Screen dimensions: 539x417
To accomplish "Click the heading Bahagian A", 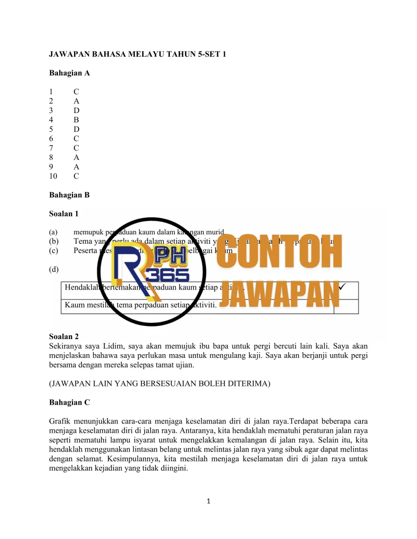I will (x=69, y=73).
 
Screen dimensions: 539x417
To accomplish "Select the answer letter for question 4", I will (x=76, y=120).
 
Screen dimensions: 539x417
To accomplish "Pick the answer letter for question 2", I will (x=76, y=101).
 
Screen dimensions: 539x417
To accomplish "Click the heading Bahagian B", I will (x=69, y=195).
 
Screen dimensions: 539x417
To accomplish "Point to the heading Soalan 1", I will (x=64, y=214).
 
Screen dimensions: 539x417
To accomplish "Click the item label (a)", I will (x=53, y=232).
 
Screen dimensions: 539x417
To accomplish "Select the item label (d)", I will (x=53, y=269).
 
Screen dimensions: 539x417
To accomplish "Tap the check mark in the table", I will (x=342, y=286).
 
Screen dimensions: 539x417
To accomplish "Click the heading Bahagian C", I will (x=69, y=403).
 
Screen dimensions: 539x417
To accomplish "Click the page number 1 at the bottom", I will (x=208, y=502).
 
